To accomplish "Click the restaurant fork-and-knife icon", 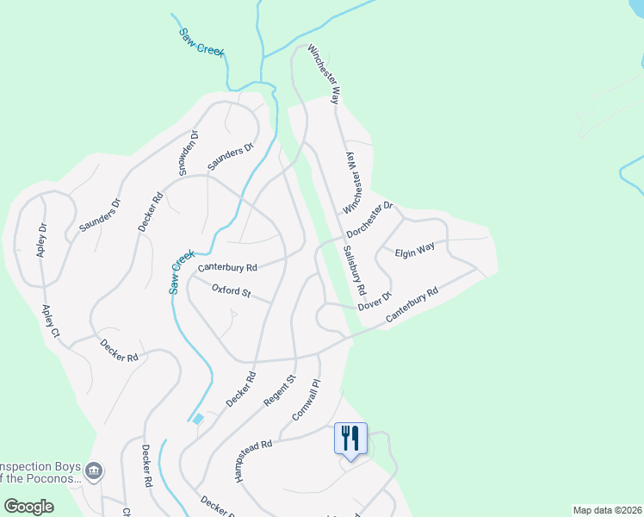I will coord(350,438).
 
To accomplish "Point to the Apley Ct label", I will coord(51,320).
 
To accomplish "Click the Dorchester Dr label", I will coord(370,220).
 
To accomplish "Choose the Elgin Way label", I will coord(415,252).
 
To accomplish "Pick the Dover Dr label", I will coord(375,301).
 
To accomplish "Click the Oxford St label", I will coord(231,292).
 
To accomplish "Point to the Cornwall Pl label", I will coord(306,399).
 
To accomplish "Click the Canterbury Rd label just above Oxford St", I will coord(227,268).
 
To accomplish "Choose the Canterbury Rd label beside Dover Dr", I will coord(412,306).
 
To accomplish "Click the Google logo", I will coord(29,507).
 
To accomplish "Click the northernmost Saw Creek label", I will coord(201,41).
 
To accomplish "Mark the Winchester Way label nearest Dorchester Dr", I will coord(354,184).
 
